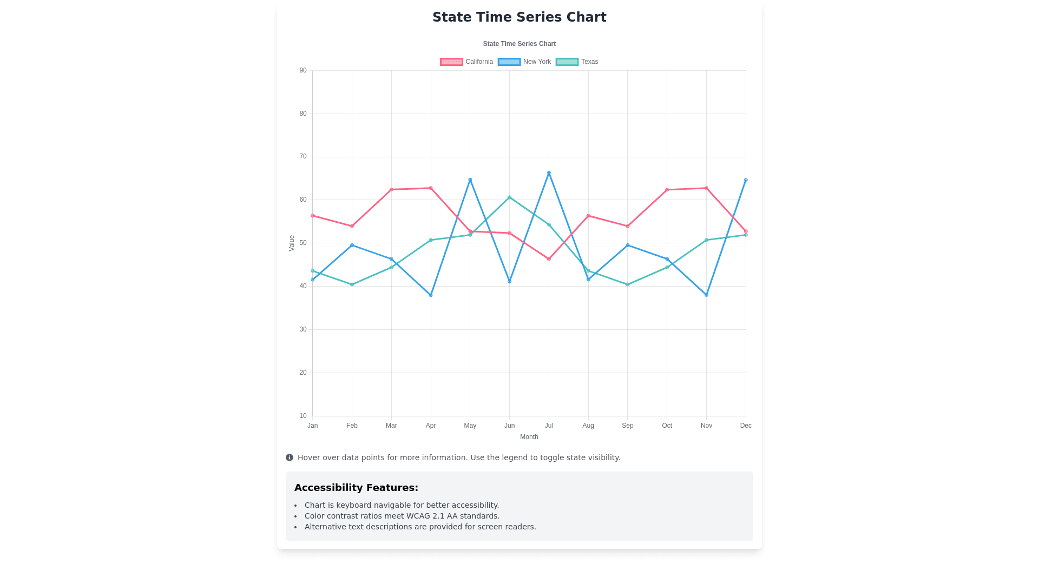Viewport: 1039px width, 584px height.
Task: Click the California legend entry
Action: [x=466, y=62]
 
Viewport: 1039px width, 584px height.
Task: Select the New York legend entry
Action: [x=524, y=62]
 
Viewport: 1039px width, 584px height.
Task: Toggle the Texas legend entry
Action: [x=577, y=62]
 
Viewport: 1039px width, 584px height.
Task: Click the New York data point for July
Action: [x=549, y=173]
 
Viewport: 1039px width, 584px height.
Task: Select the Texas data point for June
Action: [x=509, y=197]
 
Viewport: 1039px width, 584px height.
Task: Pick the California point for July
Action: [x=549, y=259]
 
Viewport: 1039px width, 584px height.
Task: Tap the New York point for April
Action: [x=431, y=295]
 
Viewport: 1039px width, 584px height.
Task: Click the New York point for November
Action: [x=706, y=295]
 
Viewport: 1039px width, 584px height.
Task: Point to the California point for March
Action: [x=391, y=190]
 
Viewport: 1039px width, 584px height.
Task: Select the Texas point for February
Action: [x=352, y=284]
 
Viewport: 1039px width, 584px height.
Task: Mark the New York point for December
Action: [x=746, y=180]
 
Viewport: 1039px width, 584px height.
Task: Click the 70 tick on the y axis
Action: [x=303, y=157]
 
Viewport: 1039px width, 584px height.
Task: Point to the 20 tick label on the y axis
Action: [x=303, y=373]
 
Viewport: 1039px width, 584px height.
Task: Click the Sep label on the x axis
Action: [x=628, y=426]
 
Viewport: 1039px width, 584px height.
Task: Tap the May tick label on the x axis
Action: [x=470, y=426]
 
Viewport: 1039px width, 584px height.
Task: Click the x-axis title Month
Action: [x=529, y=437]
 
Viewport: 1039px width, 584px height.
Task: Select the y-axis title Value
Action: [x=292, y=243]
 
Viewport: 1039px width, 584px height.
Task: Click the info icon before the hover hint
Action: [x=290, y=457]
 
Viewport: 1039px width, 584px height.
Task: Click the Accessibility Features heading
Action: [x=356, y=488]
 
